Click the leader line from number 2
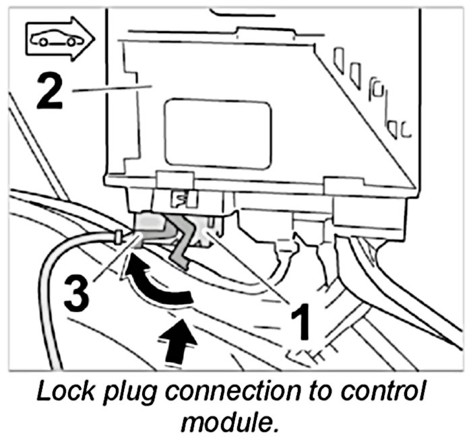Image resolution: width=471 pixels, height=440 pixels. pyautogui.click(x=108, y=88)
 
